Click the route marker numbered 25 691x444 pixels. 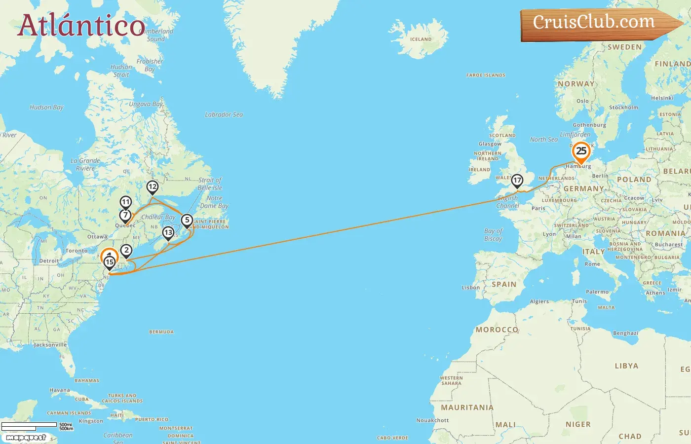[581, 151]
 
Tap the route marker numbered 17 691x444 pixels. [517, 181]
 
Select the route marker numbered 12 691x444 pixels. [153, 186]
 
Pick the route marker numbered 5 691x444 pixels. [187, 220]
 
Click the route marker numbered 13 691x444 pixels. [168, 232]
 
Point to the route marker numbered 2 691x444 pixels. [126, 250]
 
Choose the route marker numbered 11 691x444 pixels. [126, 202]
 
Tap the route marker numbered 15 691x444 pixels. [110, 262]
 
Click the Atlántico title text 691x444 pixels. [81, 25]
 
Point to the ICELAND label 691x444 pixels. [421, 39]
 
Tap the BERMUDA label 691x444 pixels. [161, 332]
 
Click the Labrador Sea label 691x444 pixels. [224, 114]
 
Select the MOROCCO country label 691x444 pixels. [497, 330]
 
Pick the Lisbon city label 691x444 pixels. [470, 288]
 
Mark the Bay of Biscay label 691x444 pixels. [493, 235]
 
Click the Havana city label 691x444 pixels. [60, 390]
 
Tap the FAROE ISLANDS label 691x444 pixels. [486, 75]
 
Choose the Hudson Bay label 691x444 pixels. [46, 107]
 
